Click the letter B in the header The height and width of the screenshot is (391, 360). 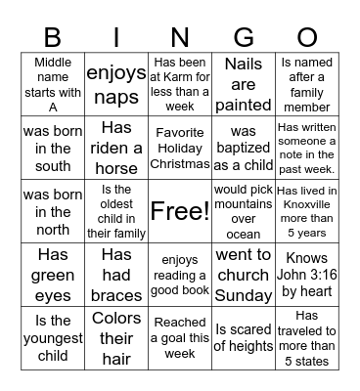[53, 36]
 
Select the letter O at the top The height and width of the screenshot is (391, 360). [307, 36]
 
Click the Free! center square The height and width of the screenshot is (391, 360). [179, 210]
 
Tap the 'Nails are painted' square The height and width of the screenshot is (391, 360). [244, 84]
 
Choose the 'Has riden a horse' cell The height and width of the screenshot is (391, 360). [116, 147]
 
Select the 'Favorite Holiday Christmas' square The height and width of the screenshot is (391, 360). [179, 147]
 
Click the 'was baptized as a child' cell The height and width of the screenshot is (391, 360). [244, 147]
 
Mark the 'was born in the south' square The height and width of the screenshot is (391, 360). [53, 147]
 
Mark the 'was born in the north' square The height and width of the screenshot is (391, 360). [53, 211]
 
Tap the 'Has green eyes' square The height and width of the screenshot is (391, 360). [53, 275]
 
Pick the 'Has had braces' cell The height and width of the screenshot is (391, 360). [116, 275]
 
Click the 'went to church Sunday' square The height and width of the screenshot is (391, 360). [244, 275]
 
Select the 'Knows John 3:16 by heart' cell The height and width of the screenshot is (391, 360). [307, 275]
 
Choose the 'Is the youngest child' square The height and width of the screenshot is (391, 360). [53, 338]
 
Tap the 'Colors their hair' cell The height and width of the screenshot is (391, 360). [116, 338]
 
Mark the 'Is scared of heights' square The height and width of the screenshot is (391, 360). [244, 338]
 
